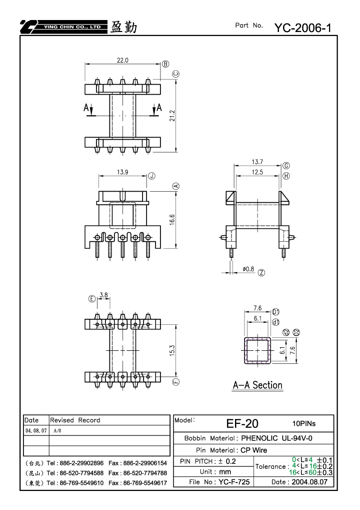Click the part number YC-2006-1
pyautogui.click(x=302, y=28)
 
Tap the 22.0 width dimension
pyautogui.click(x=122, y=60)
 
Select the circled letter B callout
pyautogui.click(x=165, y=64)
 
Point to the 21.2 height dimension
pyautogui.click(x=172, y=116)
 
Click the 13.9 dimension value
pyautogui.click(x=122, y=172)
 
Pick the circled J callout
pyautogui.click(x=151, y=176)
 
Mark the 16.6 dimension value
pyautogui.click(x=172, y=220)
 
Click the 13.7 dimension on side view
pyautogui.click(x=257, y=162)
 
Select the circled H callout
pyautogui.click(x=286, y=176)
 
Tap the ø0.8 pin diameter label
pyautogui.click(x=248, y=269)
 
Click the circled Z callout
pyautogui.click(x=261, y=273)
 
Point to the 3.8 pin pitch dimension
pyautogui.click(x=103, y=295)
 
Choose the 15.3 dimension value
pyautogui.click(x=172, y=350)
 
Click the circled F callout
pyautogui.click(x=176, y=381)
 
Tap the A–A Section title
pyautogui.click(x=257, y=385)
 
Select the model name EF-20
pyautogui.click(x=242, y=423)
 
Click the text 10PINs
pyautogui.click(x=304, y=423)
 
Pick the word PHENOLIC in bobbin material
pyautogui.click(x=259, y=438)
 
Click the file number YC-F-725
pyautogui.click(x=234, y=482)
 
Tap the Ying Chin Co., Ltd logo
pyautogui.click(x=63, y=27)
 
